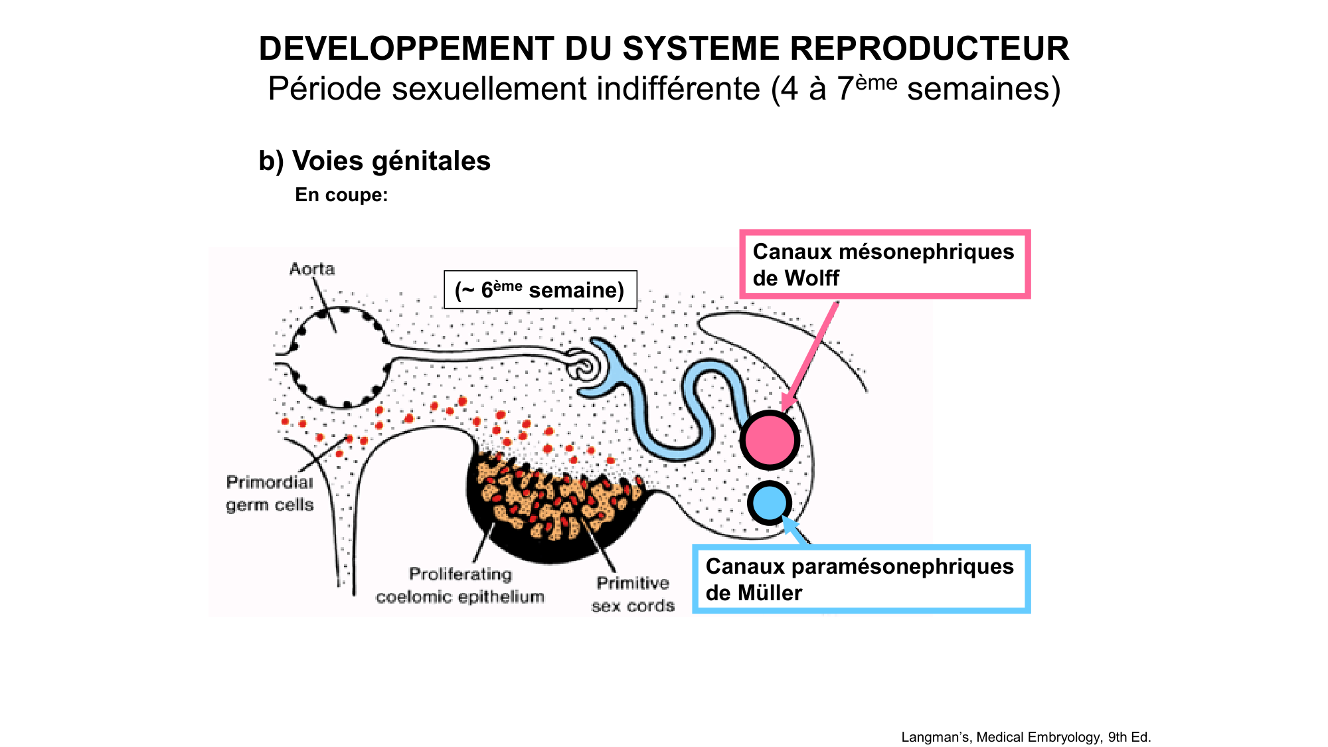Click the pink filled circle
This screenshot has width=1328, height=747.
click(x=770, y=440)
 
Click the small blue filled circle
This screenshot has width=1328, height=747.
click(x=770, y=503)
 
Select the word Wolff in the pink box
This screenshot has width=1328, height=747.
click(x=813, y=278)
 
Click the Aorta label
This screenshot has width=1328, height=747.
click(x=312, y=269)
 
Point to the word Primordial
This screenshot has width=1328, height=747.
click(x=270, y=482)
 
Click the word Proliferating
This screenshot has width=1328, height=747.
click(x=460, y=574)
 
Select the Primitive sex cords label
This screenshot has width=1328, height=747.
click(x=633, y=594)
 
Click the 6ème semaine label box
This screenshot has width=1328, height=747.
click(x=540, y=290)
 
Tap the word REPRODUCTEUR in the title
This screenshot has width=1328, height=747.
click(x=929, y=49)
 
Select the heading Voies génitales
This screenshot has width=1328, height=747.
click(x=374, y=161)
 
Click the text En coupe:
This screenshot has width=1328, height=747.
click(x=341, y=195)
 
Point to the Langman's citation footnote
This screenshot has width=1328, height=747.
click(x=1026, y=737)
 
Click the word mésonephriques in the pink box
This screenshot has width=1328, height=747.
click(x=926, y=252)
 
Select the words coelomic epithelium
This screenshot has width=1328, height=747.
click(x=460, y=597)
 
